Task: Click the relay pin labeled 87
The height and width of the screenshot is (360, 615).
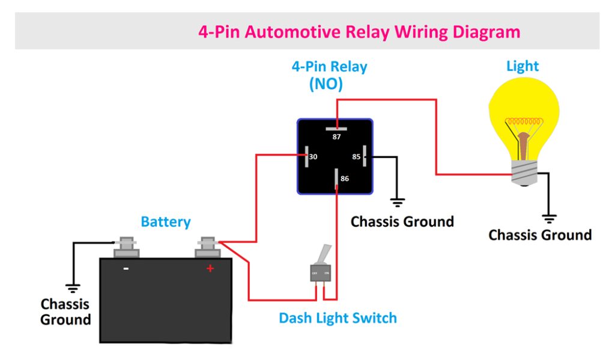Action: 336,128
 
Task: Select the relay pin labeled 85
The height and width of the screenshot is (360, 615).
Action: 364,157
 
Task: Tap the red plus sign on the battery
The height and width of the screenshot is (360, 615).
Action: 210,269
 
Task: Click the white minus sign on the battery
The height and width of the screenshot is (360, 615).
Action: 126,269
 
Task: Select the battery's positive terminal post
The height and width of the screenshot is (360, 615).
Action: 208,246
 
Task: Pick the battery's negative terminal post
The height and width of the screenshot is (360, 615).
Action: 127,245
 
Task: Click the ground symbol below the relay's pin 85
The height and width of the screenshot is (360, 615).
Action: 397,202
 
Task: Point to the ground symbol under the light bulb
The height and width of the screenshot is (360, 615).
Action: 548,218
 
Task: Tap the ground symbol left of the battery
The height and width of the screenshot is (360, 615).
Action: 73,287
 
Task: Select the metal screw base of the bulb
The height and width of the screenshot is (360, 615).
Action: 524,174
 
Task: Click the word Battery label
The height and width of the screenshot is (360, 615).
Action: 166,222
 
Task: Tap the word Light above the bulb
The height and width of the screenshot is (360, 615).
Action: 523,66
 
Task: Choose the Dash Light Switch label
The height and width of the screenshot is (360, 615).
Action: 338,318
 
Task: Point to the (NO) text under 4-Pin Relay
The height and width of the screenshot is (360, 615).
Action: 326,85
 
